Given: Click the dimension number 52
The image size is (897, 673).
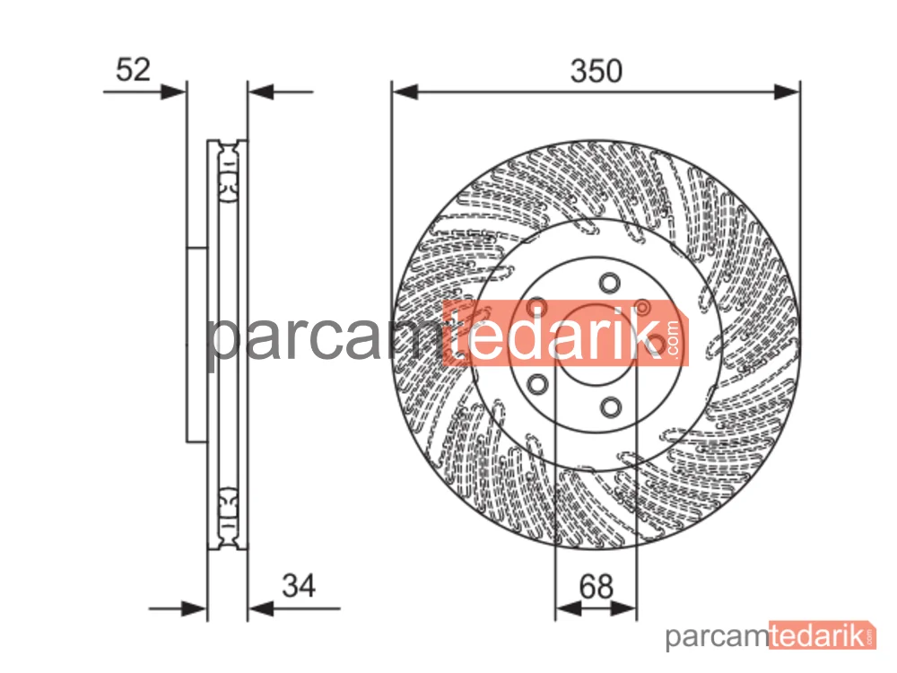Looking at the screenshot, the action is click(133, 70).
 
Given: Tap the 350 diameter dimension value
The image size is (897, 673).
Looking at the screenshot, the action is click(597, 72).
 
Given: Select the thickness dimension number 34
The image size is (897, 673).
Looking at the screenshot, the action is click(299, 586).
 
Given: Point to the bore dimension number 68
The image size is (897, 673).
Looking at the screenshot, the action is click(597, 587).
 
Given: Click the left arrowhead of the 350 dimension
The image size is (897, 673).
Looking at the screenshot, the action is click(405, 92).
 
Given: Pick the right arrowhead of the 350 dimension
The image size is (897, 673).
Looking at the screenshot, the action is click(787, 92).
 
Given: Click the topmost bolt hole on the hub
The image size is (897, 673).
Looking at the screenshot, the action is click(610, 284).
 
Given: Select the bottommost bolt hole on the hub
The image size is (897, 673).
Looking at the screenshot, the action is click(611, 407).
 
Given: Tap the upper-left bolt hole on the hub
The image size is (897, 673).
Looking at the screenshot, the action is click(537, 307).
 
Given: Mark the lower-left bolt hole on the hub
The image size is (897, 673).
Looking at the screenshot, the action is click(537, 384).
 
